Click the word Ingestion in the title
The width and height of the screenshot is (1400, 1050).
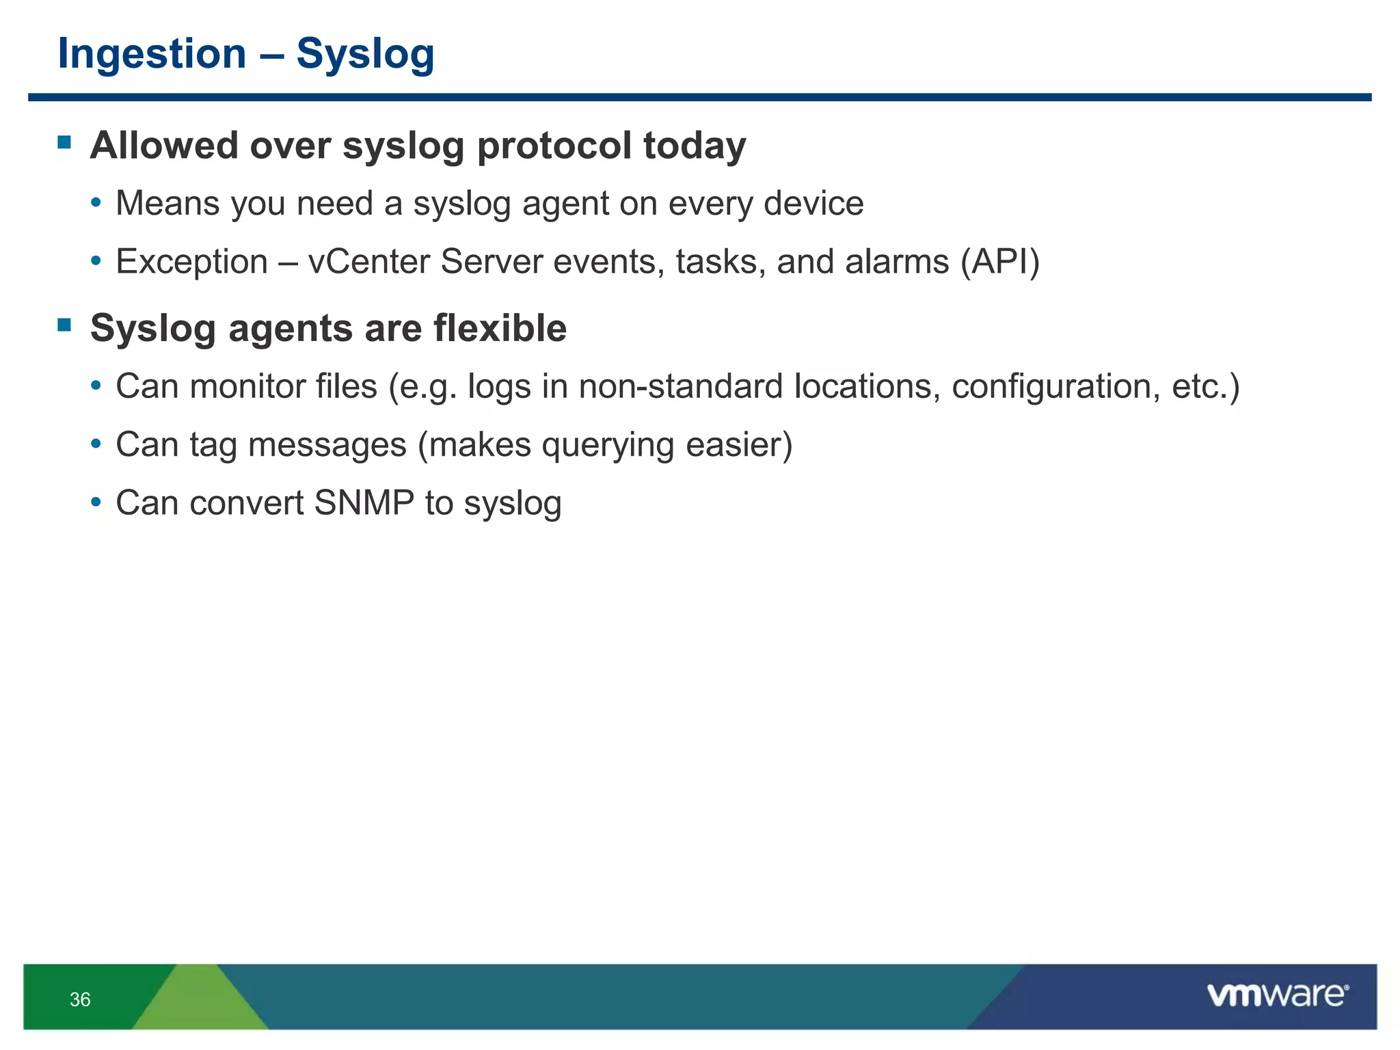pos(152,53)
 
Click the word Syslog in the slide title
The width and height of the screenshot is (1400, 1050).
pos(365,53)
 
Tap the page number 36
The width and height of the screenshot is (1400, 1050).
pos(80,999)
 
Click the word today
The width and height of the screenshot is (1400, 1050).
pos(695,146)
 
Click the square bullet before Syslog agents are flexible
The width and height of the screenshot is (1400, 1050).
pos(65,325)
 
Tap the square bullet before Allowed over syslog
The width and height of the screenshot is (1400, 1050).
pos(65,142)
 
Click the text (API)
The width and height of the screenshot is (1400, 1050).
pos(999,262)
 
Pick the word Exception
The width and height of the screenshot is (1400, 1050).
pos(191,262)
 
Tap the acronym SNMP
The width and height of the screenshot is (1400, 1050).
pos(364,503)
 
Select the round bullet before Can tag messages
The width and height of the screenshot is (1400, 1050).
pos(96,444)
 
